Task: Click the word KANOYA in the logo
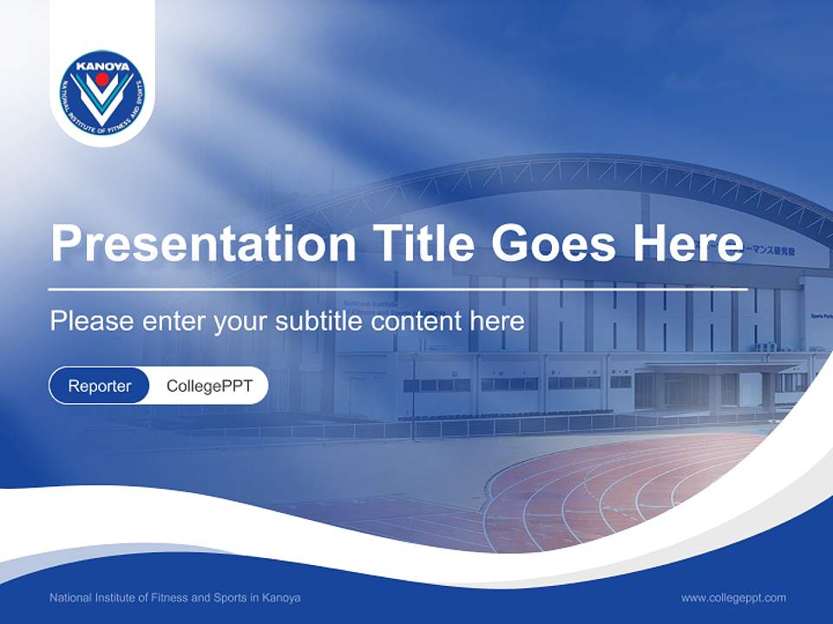[102, 65]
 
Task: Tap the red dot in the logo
[102, 80]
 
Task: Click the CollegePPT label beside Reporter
[209, 386]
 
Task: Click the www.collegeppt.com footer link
[733, 598]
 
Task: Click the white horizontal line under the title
[398, 289]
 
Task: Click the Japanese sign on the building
[771, 250]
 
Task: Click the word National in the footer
[70, 598]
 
